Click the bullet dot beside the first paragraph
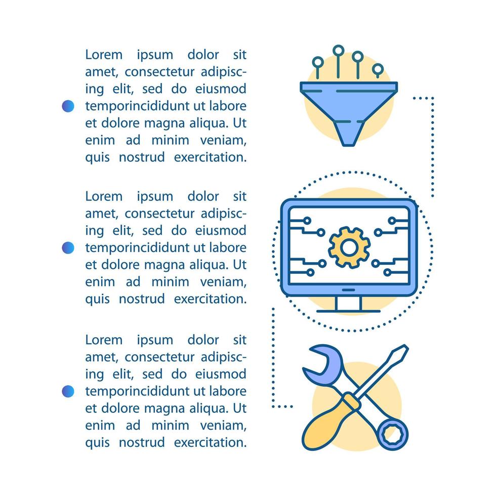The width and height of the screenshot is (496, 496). coord(68,106)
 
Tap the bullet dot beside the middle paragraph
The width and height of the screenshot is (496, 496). coord(68,247)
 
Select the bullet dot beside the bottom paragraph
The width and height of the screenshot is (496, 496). coord(68,391)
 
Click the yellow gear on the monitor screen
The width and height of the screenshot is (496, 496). coord(349,247)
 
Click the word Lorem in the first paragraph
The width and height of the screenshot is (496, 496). coord(104,55)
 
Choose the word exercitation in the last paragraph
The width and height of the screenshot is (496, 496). coord(210,442)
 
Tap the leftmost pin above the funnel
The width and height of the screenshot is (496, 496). coord(318,63)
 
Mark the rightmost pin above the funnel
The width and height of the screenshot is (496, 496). coord(378,68)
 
